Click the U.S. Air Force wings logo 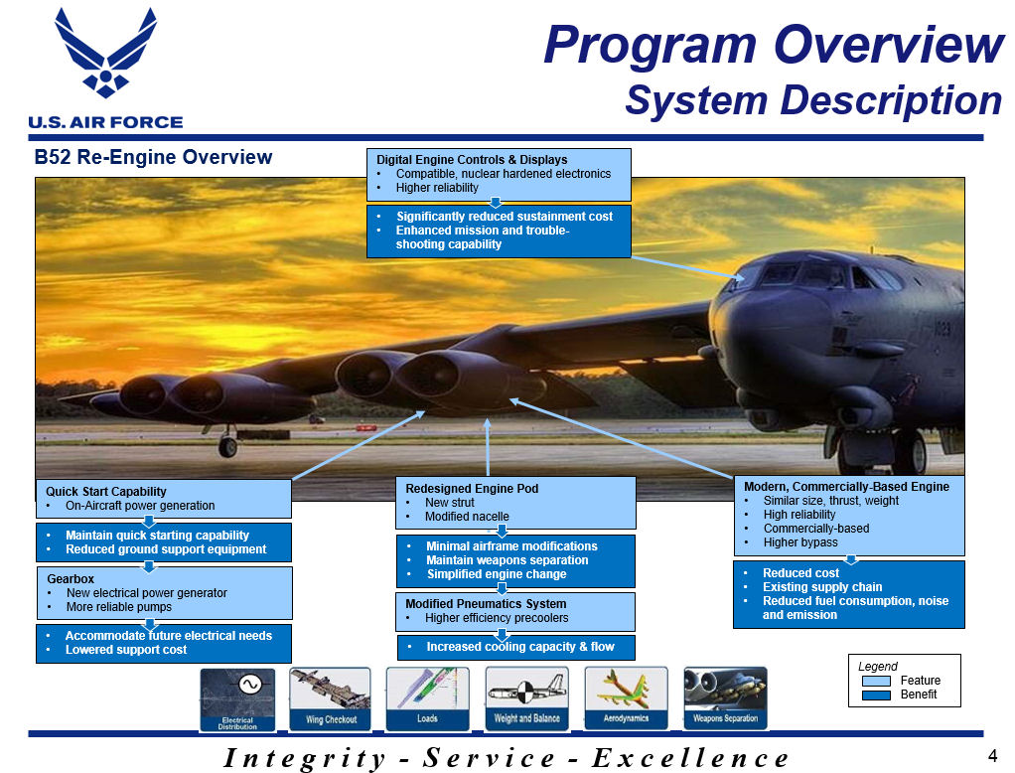[x=105, y=53]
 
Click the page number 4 [x=992, y=755]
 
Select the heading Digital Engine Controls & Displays [x=472, y=159]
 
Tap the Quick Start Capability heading [x=105, y=492]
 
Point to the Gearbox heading [x=71, y=579]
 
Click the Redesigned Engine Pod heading [x=472, y=488]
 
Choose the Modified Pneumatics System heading [x=486, y=603]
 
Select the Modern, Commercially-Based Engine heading [x=847, y=486]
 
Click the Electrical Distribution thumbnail [x=237, y=699]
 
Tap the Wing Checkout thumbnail [x=331, y=699]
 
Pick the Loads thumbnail [x=427, y=699]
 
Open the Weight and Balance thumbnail [x=527, y=699]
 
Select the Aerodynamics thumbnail [x=626, y=699]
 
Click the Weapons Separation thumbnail [x=726, y=699]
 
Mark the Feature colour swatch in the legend [x=877, y=681]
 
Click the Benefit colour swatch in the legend [x=877, y=695]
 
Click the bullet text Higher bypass [x=800, y=542]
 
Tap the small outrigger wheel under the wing [x=227, y=446]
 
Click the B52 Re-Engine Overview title [x=153, y=157]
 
